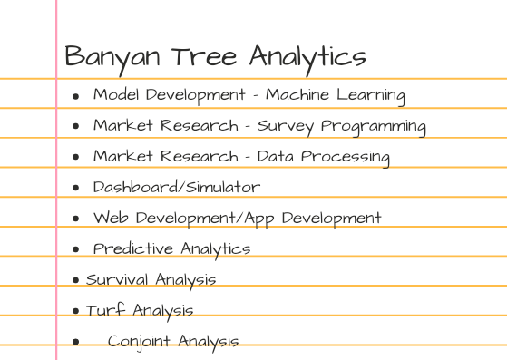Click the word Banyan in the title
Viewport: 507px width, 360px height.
pyautogui.click(x=112, y=57)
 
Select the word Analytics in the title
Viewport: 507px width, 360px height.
pyautogui.click(x=307, y=57)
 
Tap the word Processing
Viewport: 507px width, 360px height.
pyautogui.click(x=344, y=158)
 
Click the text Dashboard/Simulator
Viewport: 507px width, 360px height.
pyautogui.click(x=177, y=188)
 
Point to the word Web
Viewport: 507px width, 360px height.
pyautogui.click(x=109, y=218)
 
